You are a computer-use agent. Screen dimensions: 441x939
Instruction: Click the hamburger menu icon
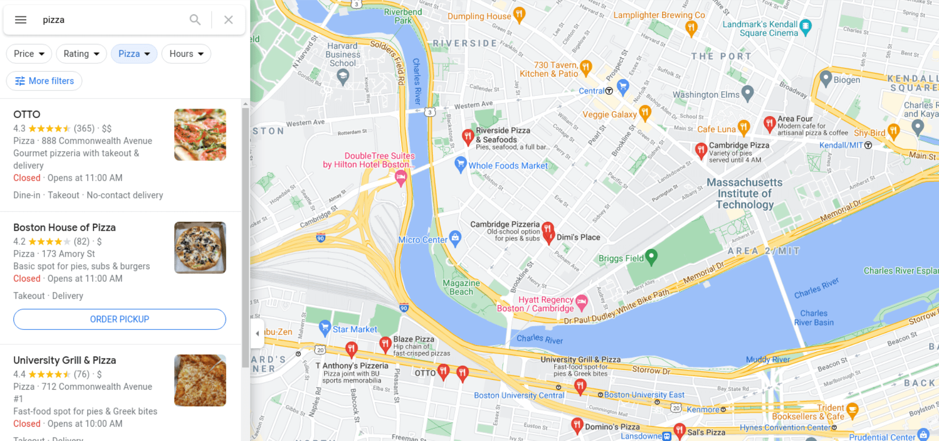[21, 20]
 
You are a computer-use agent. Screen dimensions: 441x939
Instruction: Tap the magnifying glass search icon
[195, 20]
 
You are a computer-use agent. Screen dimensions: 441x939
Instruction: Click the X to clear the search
[228, 20]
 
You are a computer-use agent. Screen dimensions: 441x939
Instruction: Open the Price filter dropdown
[29, 54]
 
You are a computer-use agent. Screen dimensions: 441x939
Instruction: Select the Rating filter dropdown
[81, 54]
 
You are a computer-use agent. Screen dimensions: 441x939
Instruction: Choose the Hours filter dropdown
[186, 54]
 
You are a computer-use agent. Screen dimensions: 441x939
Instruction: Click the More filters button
[44, 81]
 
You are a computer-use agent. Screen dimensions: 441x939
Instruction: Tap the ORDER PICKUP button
[119, 319]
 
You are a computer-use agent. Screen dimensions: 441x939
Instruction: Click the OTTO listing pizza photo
[200, 134]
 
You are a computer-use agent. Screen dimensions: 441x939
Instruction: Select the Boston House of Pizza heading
[65, 228]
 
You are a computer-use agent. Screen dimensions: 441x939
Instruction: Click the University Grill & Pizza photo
[200, 380]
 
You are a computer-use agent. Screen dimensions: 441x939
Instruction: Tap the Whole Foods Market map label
[508, 166]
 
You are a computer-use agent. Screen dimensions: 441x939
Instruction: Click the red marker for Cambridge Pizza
[700, 150]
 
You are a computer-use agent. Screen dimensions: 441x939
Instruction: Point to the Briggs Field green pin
[651, 256]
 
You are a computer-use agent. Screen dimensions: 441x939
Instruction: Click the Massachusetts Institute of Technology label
[744, 194]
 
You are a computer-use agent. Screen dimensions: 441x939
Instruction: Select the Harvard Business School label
[342, 54]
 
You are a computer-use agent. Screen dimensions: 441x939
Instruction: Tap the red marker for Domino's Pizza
[576, 424]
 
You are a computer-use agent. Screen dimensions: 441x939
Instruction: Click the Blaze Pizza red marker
[385, 343]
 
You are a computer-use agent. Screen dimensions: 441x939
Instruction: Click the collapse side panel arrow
[257, 333]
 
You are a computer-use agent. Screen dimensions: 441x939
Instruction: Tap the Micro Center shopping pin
[455, 238]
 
